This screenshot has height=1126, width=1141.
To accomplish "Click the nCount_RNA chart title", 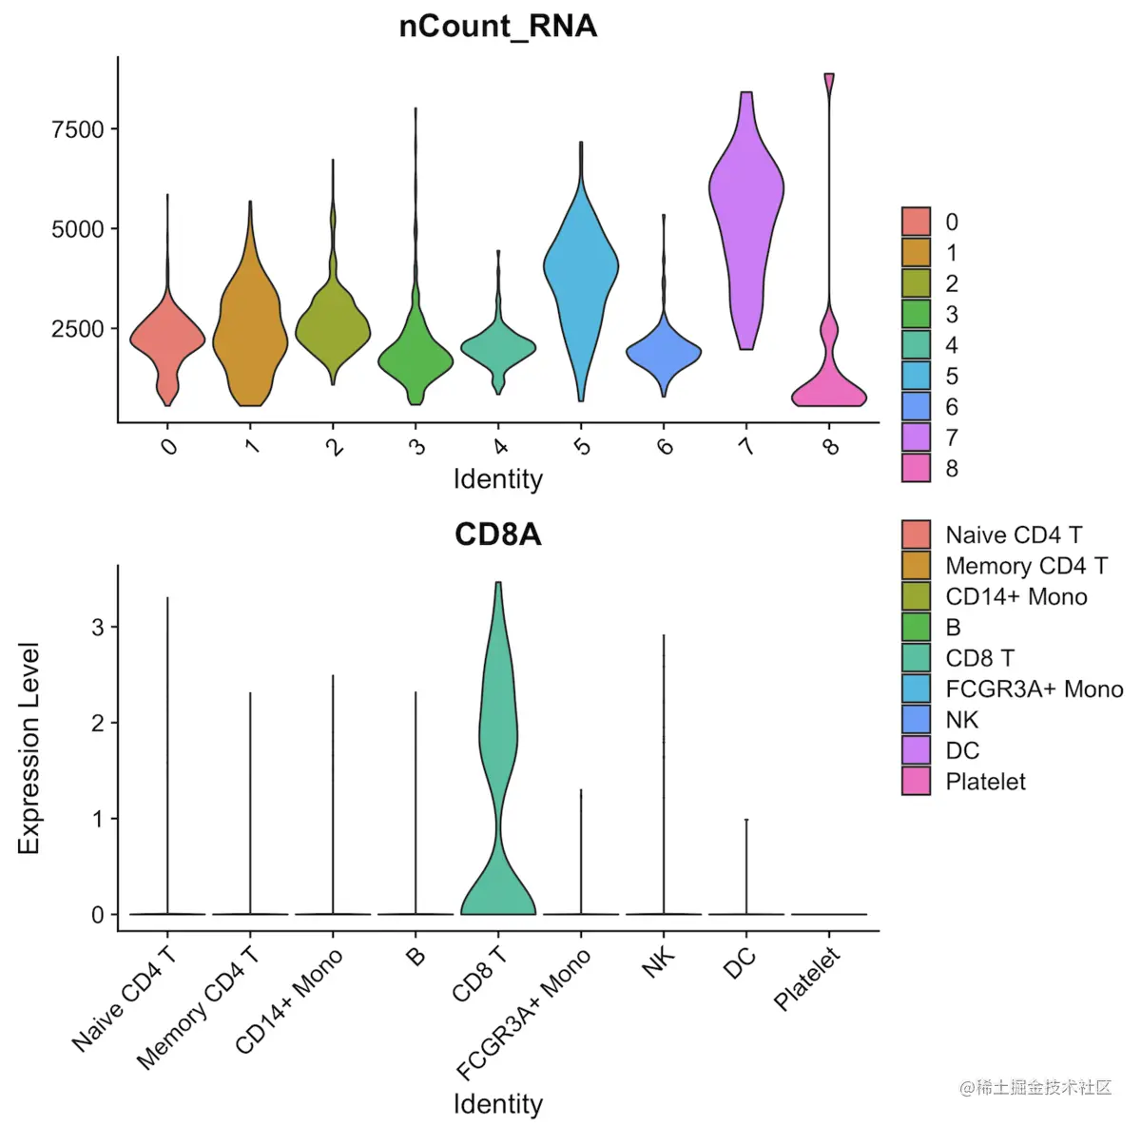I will tap(497, 26).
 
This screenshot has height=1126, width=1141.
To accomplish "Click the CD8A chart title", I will tap(497, 534).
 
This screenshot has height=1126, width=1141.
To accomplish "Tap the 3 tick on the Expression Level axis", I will tap(98, 628).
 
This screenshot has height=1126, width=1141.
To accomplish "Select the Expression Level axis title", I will tap(29, 748).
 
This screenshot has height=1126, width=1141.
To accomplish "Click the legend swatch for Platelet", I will tap(916, 782).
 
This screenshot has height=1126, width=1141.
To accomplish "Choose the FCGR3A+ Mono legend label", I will tap(1034, 689).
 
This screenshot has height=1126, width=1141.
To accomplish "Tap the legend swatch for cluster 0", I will tap(916, 222).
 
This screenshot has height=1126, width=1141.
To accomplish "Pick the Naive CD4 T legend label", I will tap(1014, 535).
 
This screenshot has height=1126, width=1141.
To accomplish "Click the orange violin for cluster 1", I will tap(250, 333).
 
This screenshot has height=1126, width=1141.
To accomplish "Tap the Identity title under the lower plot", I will tap(497, 1104).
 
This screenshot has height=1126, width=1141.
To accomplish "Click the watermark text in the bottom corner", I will tap(1035, 1087).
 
